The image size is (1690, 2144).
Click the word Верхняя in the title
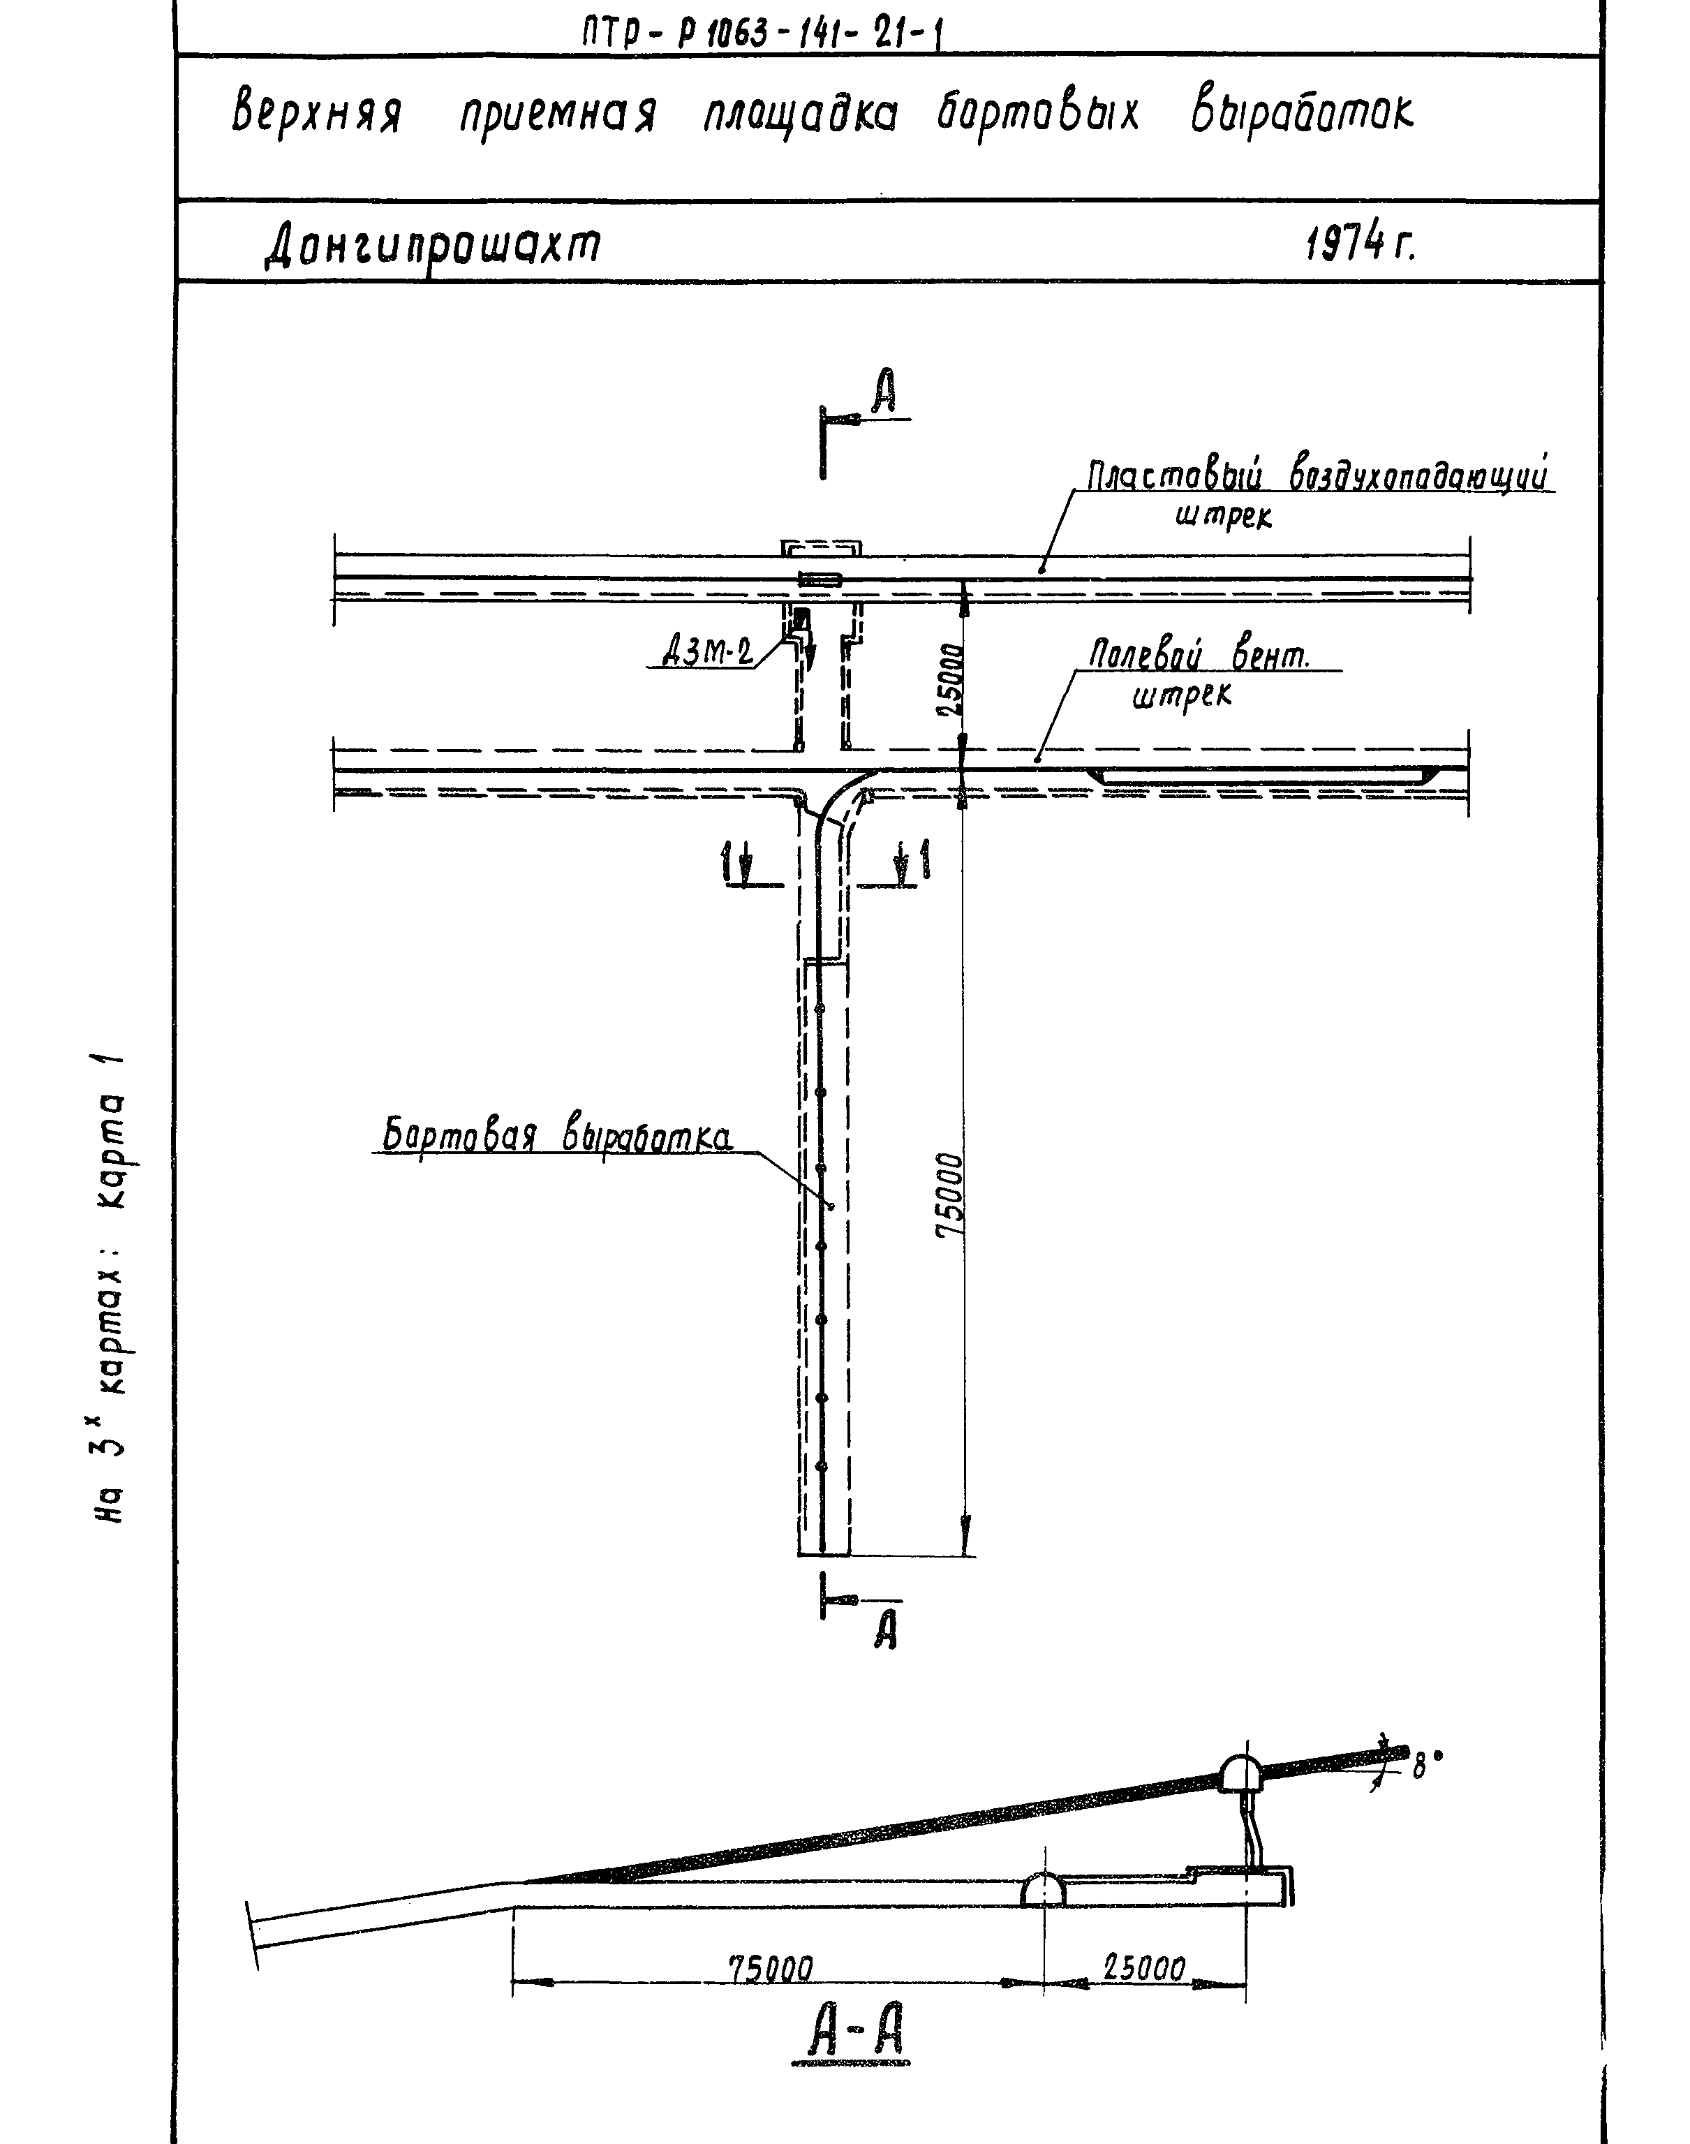click(317, 114)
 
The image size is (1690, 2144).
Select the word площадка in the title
click(801, 117)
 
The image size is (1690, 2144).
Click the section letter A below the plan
click(886, 1630)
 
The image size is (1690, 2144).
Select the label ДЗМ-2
click(706, 652)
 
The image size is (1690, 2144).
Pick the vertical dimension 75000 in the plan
click(950, 1195)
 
